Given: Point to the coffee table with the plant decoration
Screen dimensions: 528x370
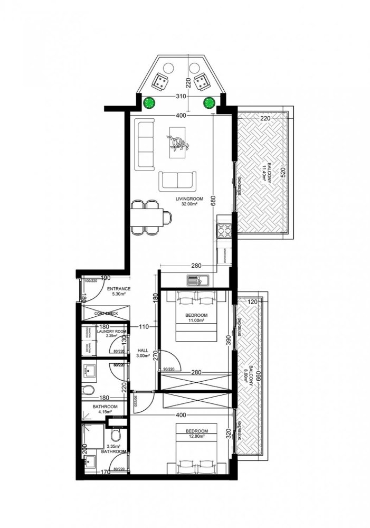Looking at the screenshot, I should [177, 142].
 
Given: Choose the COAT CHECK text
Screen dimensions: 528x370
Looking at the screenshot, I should [106, 313].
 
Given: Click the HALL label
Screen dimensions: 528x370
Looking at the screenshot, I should [143, 350].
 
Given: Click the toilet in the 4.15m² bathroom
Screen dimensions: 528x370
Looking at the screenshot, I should [90, 391].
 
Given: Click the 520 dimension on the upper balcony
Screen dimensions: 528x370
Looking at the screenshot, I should [283, 172].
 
